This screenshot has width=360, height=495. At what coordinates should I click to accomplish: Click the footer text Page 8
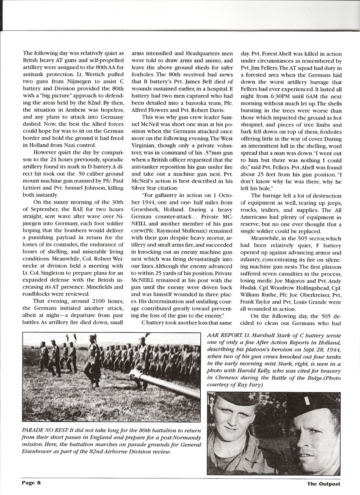tap(32, 483)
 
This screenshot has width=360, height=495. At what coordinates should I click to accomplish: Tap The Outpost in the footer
tap(324, 483)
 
